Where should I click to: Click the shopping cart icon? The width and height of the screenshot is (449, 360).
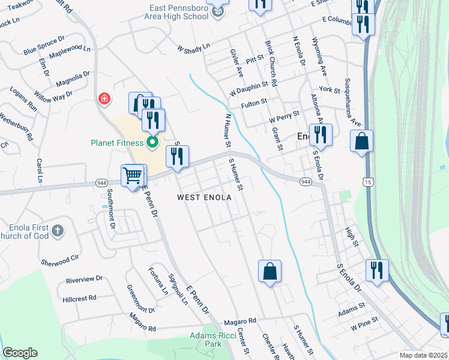pyautogui.click(x=133, y=176)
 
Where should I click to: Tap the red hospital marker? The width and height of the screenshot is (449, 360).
pyautogui.click(x=104, y=98)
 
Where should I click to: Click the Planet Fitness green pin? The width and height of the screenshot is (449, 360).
pyautogui.click(x=152, y=143)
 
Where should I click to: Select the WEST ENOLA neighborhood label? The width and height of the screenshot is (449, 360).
pyautogui.click(x=203, y=197)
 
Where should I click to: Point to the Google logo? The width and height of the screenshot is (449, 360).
pyautogui.click(x=20, y=353)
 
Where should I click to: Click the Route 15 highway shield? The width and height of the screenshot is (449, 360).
pyautogui.click(x=367, y=182)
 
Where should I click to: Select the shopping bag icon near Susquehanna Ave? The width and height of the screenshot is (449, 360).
pyautogui.click(x=362, y=142)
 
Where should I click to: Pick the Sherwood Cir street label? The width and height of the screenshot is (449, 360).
pyautogui.click(x=59, y=261)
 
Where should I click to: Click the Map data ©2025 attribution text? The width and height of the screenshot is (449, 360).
pyautogui.click(x=423, y=355)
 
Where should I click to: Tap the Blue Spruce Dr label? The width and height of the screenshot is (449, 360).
pyautogui.click(x=44, y=46)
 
